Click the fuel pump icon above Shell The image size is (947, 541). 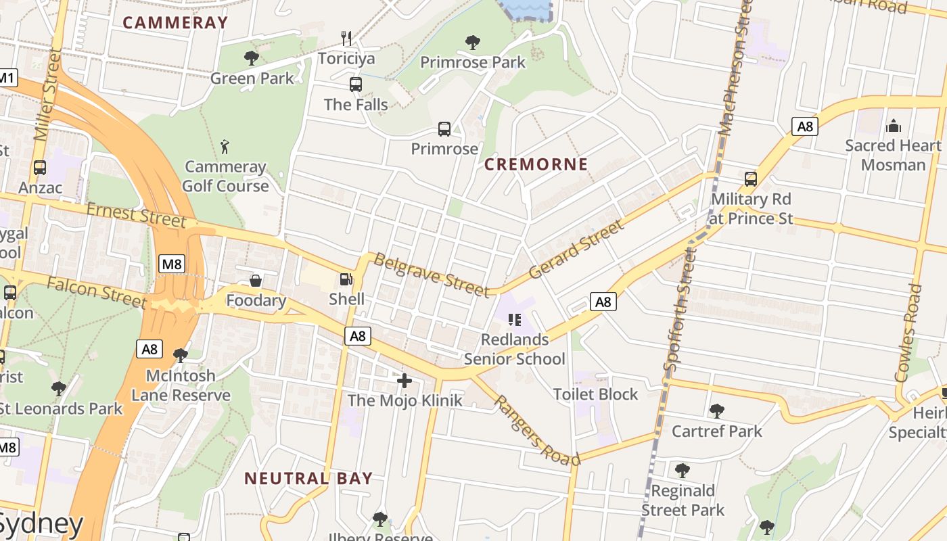coord(346,279)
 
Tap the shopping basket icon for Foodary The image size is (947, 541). coord(256,280)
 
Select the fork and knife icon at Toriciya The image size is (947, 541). coord(346,37)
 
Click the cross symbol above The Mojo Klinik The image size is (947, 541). coord(405,381)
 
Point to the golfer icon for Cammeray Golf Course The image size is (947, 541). coord(225,146)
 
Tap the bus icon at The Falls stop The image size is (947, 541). coord(356,85)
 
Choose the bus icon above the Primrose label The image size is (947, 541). coord(444,128)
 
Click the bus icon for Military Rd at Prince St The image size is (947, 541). coord(751,179)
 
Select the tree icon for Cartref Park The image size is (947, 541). coord(716,410)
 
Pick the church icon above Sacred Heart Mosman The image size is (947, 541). coord(894,126)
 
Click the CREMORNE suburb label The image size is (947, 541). coord(536,164)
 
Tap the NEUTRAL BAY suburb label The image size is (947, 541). coord(308,479)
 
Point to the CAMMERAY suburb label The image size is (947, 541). coord(175,22)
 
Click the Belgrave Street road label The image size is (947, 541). coord(432,275)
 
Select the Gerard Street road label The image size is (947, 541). coord(576,250)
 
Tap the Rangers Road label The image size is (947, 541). coord(537,430)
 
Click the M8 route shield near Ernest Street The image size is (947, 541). coord(172,264)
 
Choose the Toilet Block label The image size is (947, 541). coord(595,394)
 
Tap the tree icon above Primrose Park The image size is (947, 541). coord(473,43)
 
